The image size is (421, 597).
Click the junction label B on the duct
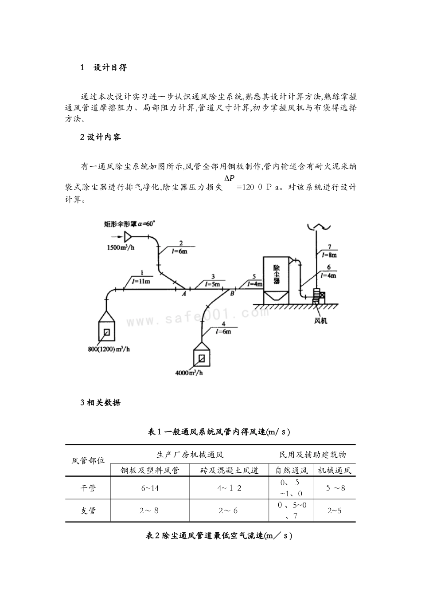232,293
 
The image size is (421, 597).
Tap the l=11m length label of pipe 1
140,281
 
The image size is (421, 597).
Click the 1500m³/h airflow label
120,247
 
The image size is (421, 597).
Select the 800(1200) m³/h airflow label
109,349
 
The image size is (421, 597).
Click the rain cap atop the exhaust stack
317,227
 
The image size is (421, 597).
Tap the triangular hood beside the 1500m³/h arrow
128,237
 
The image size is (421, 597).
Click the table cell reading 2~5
335,511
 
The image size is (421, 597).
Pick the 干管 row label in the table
88,488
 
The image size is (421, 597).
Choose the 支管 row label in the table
88,511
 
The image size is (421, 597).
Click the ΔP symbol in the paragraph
229,178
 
